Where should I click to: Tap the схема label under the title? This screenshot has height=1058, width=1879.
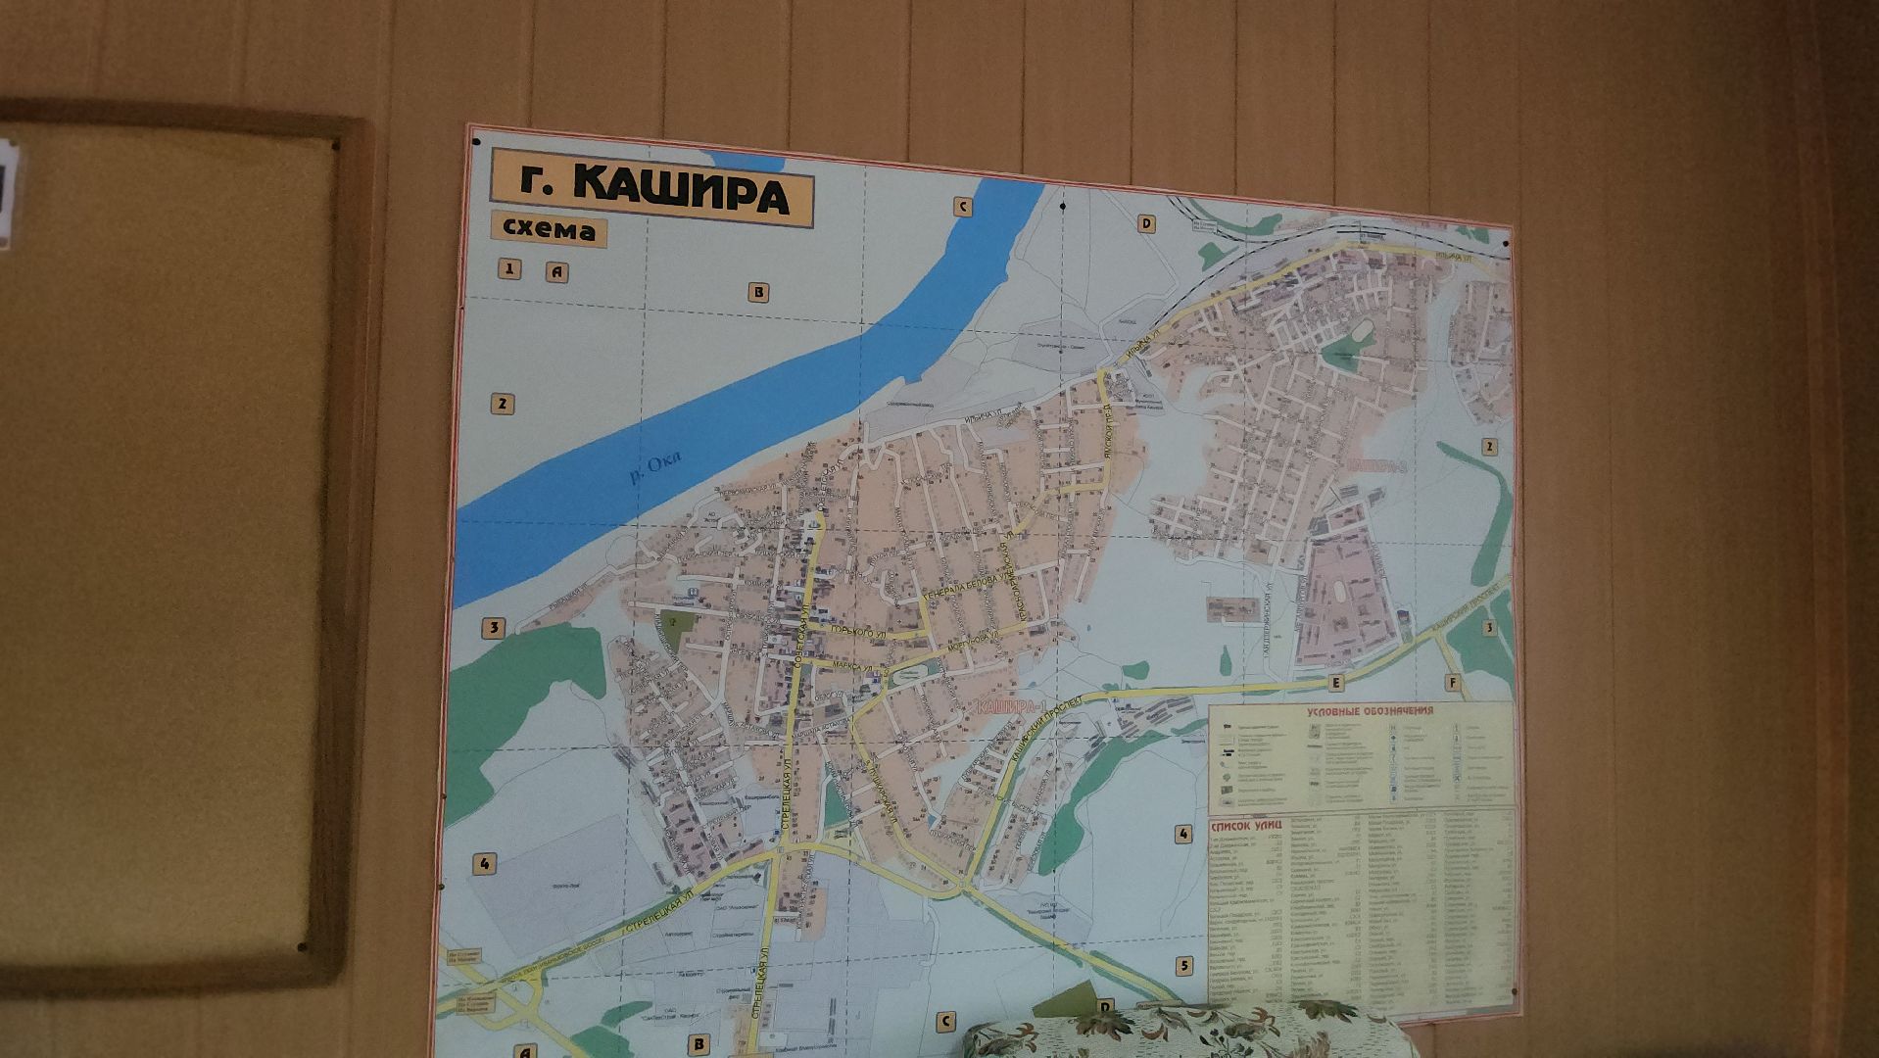pyautogui.click(x=549, y=229)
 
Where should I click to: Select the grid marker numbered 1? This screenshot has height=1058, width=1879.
pyautogui.click(x=508, y=268)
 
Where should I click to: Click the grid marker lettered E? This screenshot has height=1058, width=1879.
pyautogui.click(x=1334, y=682)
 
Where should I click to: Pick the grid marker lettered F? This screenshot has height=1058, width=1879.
pyautogui.click(x=1452, y=683)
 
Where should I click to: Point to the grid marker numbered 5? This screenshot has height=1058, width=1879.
pyautogui.click(x=1183, y=966)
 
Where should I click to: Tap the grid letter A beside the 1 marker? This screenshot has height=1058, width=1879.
pyautogui.click(x=556, y=272)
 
